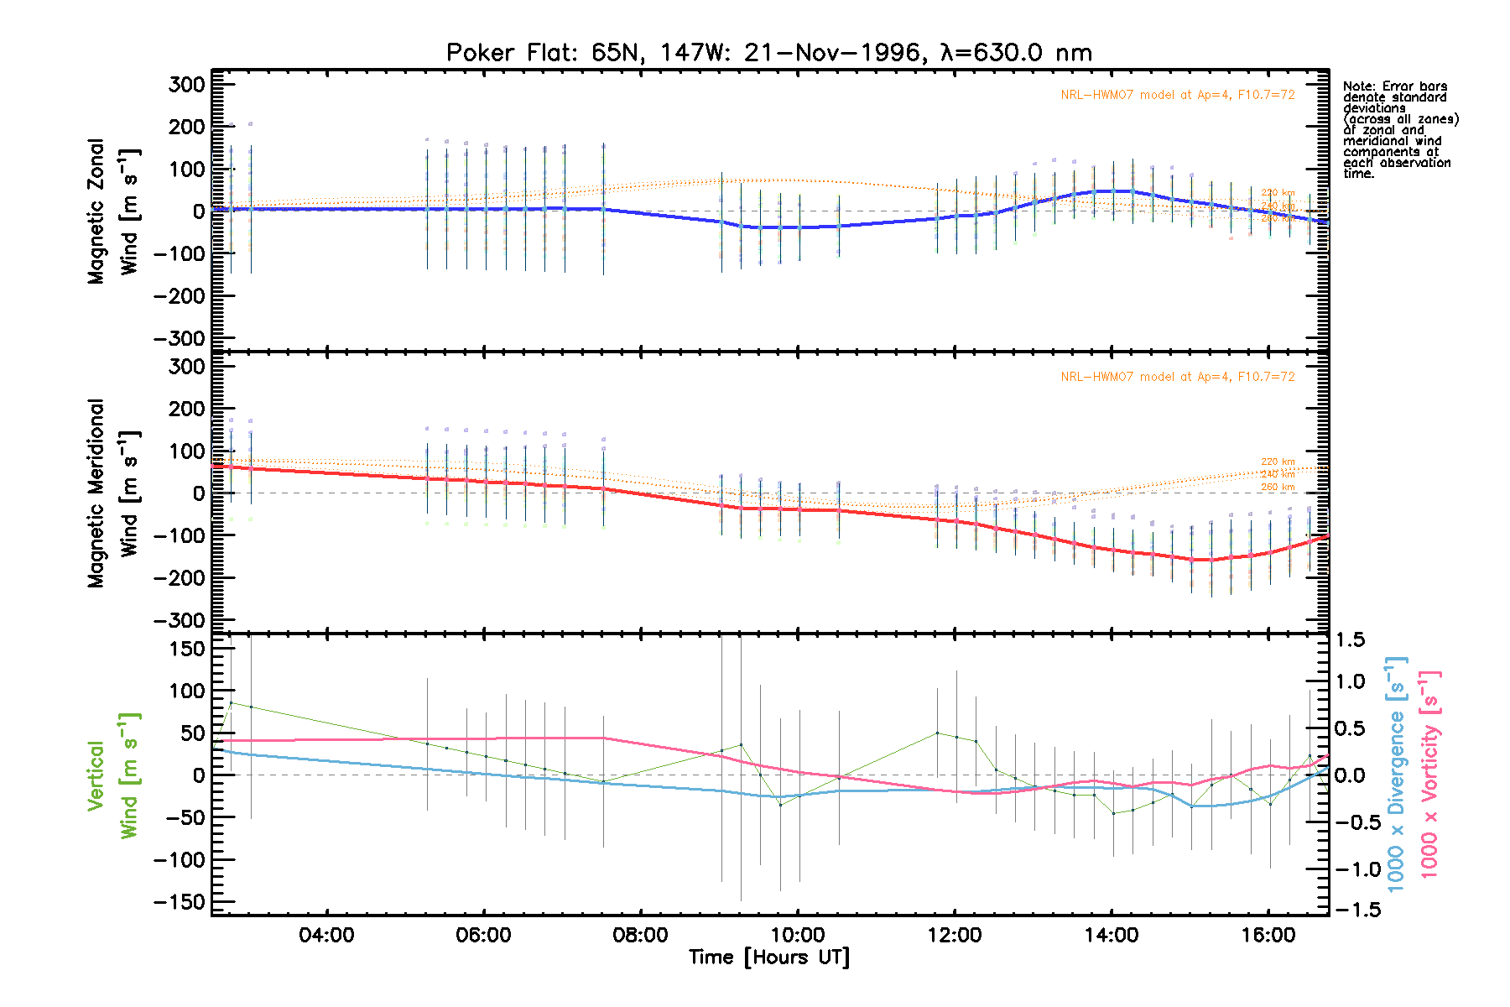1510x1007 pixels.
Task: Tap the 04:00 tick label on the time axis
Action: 326,935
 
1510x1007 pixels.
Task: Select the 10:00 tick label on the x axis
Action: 797,935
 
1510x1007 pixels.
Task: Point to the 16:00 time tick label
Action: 1268,935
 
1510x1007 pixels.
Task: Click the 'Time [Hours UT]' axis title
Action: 769,957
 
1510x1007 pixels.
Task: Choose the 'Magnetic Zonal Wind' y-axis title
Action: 112,211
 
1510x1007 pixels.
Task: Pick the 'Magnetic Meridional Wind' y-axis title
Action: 112,493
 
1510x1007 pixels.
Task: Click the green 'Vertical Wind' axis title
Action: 112,776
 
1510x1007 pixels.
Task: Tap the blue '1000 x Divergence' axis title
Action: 1396,774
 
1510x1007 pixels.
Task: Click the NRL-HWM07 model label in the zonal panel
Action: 1177,95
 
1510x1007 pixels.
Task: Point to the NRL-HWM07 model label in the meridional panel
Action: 1177,377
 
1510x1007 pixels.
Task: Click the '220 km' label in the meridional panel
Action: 1278,462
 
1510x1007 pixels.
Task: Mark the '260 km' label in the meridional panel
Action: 1278,487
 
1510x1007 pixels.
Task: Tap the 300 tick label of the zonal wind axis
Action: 186,85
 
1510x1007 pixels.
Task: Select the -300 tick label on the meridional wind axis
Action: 180,620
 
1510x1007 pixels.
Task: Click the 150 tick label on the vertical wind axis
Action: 186,649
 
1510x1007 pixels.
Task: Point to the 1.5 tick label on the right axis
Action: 1351,640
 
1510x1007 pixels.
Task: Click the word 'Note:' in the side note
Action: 1359,86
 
